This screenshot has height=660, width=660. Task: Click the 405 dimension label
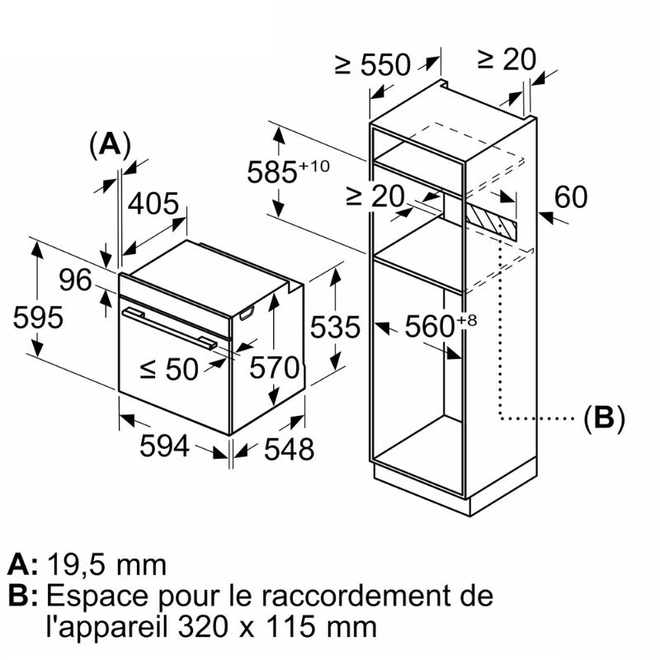coord(153,204)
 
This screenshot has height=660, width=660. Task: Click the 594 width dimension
coord(164,446)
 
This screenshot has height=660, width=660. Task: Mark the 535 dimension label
coord(335,328)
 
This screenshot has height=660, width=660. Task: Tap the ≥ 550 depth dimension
coord(373,64)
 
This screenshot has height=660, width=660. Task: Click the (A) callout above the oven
coord(110,144)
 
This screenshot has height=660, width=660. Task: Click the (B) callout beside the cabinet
coord(604,418)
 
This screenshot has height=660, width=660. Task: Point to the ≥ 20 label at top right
coord(507,59)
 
